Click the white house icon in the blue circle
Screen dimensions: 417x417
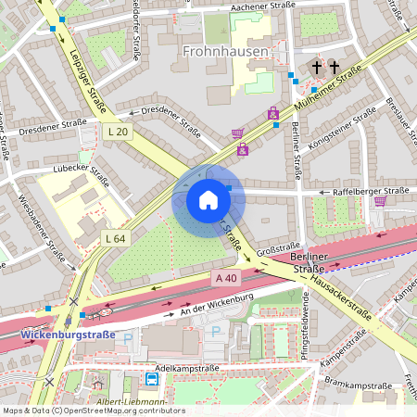(x=208, y=200)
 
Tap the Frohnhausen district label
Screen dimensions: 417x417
(x=225, y=52)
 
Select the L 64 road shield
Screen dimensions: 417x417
(x=115, y=238)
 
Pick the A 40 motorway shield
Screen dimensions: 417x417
(x=227, y=277)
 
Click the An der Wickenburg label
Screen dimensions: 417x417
(x=218, y=304)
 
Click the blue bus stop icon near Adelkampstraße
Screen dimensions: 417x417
(x=151, y=378)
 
